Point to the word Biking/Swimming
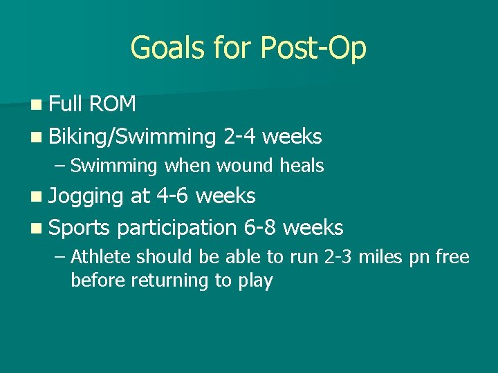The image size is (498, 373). pos(133,137)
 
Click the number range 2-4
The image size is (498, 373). pos(240,136)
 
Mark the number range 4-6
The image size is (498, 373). pos(173,195)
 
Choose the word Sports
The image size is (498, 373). pos(80,227)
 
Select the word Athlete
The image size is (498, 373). pos(101,258)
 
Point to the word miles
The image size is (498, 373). pos(381,258)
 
